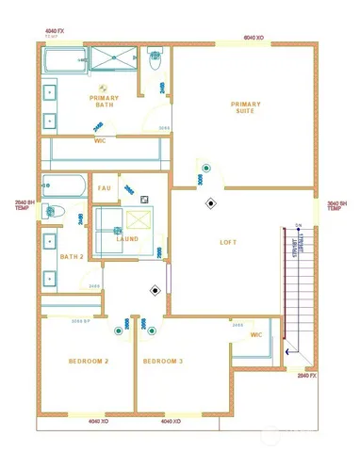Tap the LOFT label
coord(228,242)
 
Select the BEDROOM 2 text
coord(88,362)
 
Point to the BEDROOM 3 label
coord(163,362)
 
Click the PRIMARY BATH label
coord(103,102)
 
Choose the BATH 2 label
coord(72,256)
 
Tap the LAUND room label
coord(127,239)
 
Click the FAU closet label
coord(106,187)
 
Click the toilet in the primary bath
coord(157,59)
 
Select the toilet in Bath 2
coord(53,211)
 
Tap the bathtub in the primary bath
coord(64,63)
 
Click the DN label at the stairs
coord(298,225)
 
